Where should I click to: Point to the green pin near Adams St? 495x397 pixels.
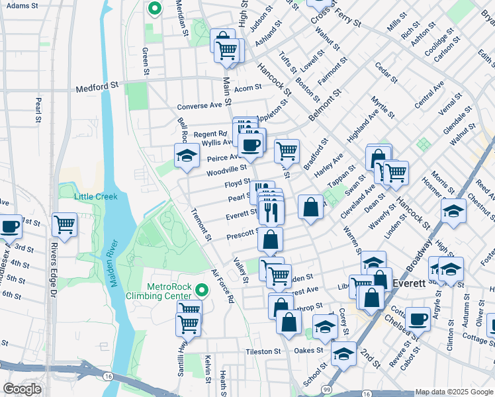pyautogui.click(x=154, y=9)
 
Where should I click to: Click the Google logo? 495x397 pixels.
pyautogui.click(x=21, y=389)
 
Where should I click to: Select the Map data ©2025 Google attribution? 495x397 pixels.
pyautogui.click(x=454, y=392)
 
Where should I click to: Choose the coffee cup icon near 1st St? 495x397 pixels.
pyautogui.click(x=9, y=226)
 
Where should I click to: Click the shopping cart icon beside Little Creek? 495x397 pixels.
pyautogui.click(x=65, y=224)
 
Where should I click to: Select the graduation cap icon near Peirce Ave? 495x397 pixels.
pyautogui.click(x=187, y=155)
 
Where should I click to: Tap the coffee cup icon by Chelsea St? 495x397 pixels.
pyautogui.click(x=418, y=319)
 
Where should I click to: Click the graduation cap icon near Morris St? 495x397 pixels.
pyautogui.click(x=453, y=210)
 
